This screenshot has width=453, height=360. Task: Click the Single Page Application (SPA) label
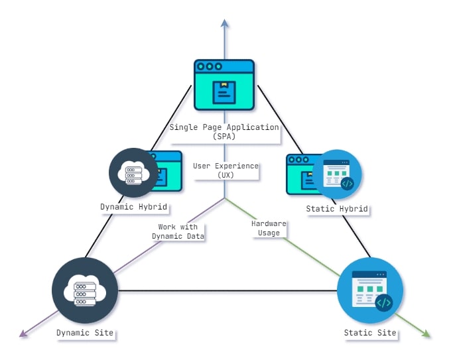point(224,131)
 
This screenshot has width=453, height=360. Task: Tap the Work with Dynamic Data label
point(178,231)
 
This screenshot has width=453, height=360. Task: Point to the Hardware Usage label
point(269,228)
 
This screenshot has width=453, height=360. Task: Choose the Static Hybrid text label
point(337,209)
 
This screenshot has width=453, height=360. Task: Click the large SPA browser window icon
point(224,85)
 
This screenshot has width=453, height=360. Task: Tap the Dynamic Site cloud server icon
point(85,290)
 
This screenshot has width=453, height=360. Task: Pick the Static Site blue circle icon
point(370,290)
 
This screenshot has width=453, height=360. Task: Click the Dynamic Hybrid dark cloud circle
point(133,172)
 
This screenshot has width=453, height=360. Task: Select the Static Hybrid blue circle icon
point(338,174)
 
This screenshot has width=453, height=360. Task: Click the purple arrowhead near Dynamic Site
point(25,333)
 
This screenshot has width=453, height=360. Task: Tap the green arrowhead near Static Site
point(426,333)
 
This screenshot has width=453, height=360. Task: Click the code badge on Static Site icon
point(383,303)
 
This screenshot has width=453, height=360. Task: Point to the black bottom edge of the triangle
point(226,290)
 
